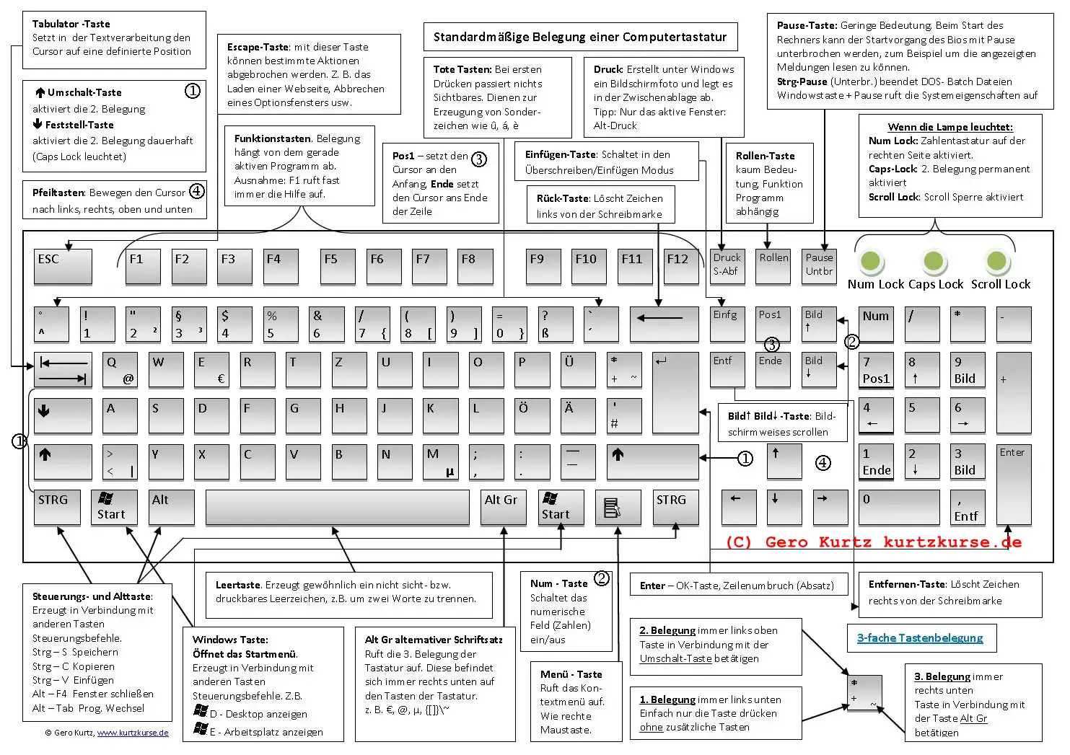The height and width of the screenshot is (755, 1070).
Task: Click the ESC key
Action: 63,266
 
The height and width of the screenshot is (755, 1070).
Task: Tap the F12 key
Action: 680,266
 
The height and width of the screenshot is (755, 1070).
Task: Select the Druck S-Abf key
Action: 727,266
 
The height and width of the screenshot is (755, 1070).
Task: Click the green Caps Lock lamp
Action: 934,261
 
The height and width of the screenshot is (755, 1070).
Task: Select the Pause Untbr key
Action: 819,266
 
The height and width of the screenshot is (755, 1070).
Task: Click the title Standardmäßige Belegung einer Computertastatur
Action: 579,37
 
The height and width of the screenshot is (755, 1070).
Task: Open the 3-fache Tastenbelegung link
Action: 920,637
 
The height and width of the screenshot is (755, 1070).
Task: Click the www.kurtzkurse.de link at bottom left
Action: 133,733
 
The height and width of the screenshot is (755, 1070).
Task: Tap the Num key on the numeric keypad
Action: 876,324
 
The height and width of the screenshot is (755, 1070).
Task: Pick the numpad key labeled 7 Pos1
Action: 876,370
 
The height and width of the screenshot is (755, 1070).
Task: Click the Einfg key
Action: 727,324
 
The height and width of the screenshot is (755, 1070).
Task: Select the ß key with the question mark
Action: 555,324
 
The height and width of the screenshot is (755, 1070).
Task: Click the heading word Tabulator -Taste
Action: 71,24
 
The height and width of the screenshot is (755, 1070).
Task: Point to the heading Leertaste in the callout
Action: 238,585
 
